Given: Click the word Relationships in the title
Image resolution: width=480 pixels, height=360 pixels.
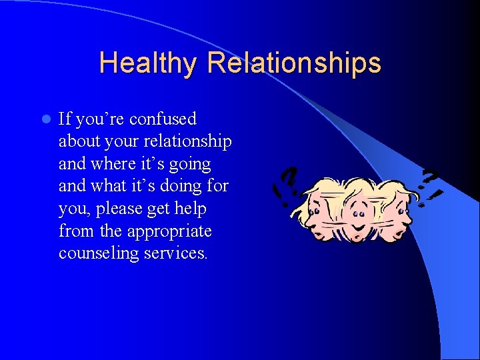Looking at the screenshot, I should coord(294,63).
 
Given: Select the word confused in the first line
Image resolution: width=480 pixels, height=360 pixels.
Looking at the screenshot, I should coord(163,119).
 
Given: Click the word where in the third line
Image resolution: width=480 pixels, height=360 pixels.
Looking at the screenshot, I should coord(115,164).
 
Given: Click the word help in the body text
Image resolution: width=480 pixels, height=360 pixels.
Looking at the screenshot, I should coord(191,209).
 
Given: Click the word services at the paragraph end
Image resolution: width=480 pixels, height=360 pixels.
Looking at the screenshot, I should coord(175,254).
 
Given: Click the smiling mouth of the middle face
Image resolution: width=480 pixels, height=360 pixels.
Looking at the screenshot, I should coord(360,226).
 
